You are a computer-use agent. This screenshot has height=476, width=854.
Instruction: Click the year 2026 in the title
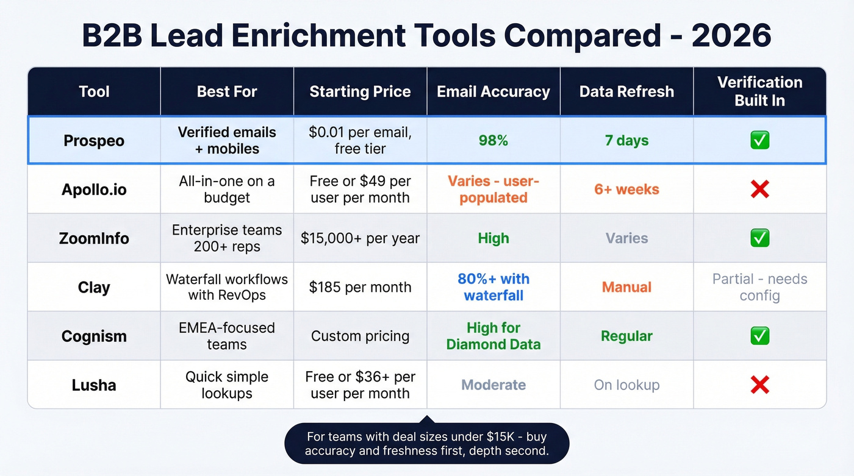click(731, 36)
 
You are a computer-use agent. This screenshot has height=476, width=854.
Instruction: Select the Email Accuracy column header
click(493, 92)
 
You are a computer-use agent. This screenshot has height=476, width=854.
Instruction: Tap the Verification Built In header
click(759, 91)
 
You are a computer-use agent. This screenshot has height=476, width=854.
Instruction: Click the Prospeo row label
click(94, 141)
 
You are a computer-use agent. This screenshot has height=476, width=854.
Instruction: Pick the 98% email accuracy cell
click(493, 141)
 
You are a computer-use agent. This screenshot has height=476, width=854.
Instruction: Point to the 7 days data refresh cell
click(626, 141)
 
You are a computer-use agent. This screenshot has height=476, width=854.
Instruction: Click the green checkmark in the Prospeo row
click(759, 141)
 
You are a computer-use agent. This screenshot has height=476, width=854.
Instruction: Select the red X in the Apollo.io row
click(759, 190)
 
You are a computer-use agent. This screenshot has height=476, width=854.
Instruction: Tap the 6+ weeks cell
click(626, 190)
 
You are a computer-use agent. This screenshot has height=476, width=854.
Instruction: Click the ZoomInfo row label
click(94, 238)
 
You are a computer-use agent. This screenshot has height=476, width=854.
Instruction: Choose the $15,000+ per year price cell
click(360, 238)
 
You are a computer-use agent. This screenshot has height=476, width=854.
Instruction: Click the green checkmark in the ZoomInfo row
click(759, 238)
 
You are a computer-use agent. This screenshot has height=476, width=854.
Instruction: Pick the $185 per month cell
click(360, 287)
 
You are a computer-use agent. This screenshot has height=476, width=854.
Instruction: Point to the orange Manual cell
click(626, 287)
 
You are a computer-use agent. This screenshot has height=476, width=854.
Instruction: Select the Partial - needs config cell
click(759, 287)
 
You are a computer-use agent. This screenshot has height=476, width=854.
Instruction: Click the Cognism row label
click(94, 336)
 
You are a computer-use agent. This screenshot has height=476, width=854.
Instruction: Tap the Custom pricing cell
click(360, 336)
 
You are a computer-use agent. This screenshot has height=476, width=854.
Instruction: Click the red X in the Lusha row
click(759, 385)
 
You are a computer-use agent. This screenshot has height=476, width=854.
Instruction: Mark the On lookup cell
click(626, 385)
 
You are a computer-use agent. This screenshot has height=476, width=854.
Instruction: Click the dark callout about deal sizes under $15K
click(426, 444)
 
